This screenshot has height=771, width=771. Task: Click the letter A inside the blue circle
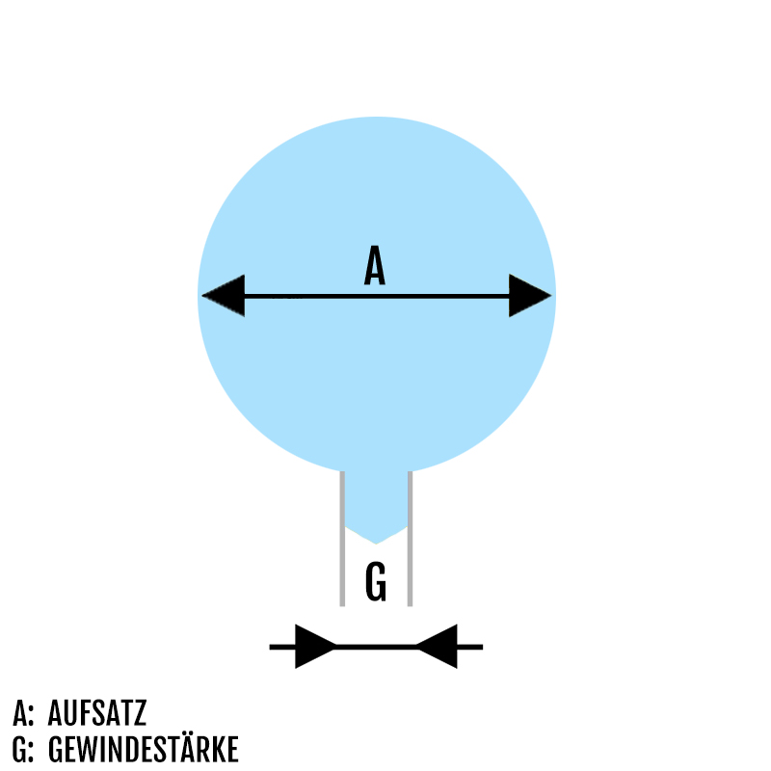[x=375, y=266]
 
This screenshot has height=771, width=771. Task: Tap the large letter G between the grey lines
[x=376, y=583]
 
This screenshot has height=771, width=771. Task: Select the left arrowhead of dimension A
[x=223, y=295]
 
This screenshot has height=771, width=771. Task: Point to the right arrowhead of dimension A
[x=530, y=295]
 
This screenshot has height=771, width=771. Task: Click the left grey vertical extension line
[x=342, y=540]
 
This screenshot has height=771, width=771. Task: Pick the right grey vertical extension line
[x=410, y=540]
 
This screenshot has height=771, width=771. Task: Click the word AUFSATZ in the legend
[x=96, y=714]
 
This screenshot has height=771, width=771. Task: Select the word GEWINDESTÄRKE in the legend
[x=143, y=749]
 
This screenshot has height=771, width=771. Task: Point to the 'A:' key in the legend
[x=24, y=714]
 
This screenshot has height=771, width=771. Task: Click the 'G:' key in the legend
[x=24, y=749]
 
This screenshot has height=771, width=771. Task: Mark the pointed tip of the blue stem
[x=376, y=542]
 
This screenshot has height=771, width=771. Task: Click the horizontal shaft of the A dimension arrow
[x=376, y=296]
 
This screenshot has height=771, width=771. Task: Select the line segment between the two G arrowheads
[x=376, y=646]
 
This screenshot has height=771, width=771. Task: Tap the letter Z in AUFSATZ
[x=139, y=714]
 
